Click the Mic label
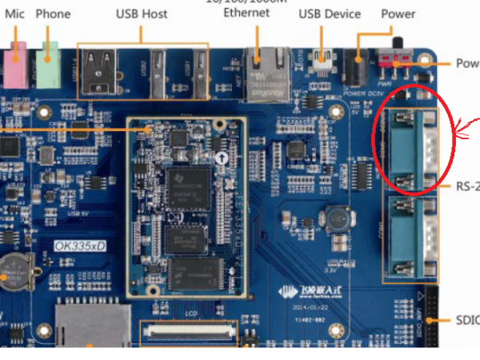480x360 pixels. [15, 14]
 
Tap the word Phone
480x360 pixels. [54, 14]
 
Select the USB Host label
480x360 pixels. [142, 14]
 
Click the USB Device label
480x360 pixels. [330, 14]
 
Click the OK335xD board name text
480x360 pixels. [79, 246]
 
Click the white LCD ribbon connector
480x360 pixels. [190, 330]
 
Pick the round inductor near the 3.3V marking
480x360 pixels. [334, 219]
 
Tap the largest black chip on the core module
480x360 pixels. [190, 186]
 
